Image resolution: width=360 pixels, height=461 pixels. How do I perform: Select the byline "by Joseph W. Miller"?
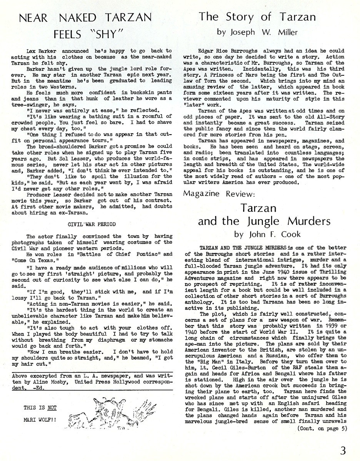coord(257,32)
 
